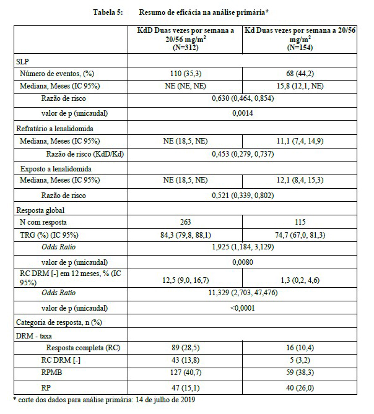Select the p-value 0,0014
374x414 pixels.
[x=245, y=114]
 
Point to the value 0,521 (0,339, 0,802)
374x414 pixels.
[x=245, y=196]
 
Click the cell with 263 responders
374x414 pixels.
[x=189, y=222]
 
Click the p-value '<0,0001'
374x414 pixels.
[x=245, y=308]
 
